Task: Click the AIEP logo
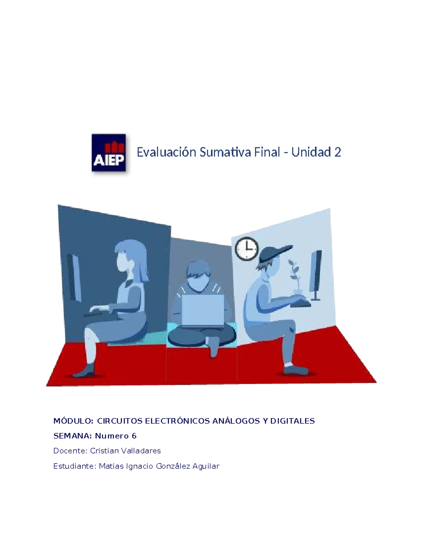(108, 153)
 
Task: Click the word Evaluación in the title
(166, 152)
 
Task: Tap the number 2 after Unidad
(338, 152)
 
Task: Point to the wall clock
(246, 248)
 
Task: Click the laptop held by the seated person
(203, 310)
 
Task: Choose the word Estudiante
(74, 466)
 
